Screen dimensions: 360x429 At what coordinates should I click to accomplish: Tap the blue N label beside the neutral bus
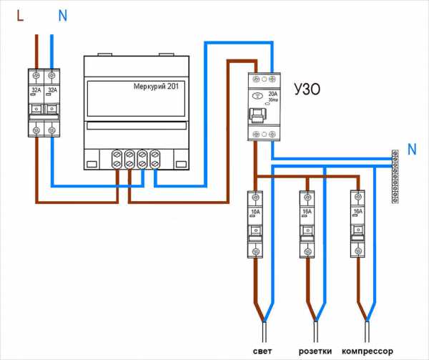pyautogui.click(x=411, y=150)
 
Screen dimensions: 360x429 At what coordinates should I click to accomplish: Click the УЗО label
pyautogui.click(x=306, y=91)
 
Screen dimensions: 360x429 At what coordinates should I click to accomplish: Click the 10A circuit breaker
pyautogui.click(x=255, y=223)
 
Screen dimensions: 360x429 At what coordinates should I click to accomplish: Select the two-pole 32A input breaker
pyautogui.click(x=43, y=102)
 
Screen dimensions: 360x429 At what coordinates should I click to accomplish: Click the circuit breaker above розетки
pyautogui.click(x=306, y=223)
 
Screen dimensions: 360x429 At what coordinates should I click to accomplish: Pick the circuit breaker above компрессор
pyautogui.click(x=357, y=223)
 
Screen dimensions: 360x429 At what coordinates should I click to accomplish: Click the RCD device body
pyautogui.click(x=264, y=107)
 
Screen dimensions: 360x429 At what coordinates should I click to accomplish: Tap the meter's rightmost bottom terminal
pyautogui.click(x=154, y=158)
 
